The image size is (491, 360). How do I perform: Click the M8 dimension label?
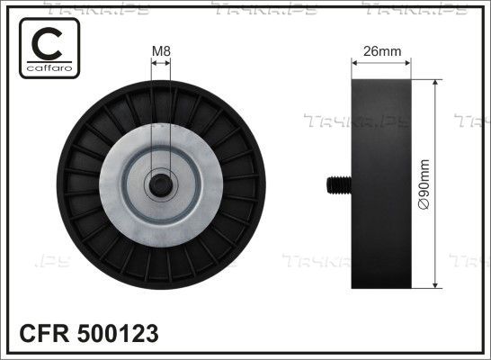(x=161, y=51)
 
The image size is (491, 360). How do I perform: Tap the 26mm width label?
(x=382, y=51)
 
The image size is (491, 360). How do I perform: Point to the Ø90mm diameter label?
(x=424, y=184)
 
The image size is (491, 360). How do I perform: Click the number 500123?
(x=118, y=333)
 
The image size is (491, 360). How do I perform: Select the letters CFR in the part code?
(x=44, y=333)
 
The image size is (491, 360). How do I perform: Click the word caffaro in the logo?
(x=49, y=68)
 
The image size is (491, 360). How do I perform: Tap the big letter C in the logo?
(x=47, y=43)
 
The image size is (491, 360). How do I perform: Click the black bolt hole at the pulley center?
(x=161, y=185)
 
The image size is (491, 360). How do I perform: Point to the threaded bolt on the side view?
(x=339, y=184)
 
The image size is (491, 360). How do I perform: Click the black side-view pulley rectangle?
(x=381, y=184)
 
